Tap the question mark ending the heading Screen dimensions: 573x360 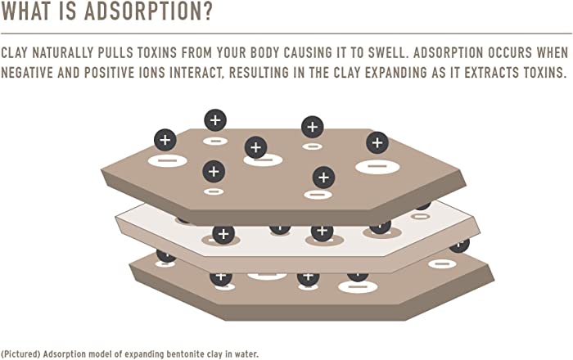point(207,11)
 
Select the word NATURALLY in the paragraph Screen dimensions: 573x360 point(63,53)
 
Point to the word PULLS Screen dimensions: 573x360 point(115,53)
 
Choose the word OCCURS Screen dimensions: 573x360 point(509,53)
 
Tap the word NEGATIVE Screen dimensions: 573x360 point(27,73)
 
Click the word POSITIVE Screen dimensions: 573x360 point(109,73)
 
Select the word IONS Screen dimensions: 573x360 point(151,73)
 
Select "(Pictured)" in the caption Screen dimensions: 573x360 point(20,354)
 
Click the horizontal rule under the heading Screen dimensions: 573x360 point(286,34)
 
